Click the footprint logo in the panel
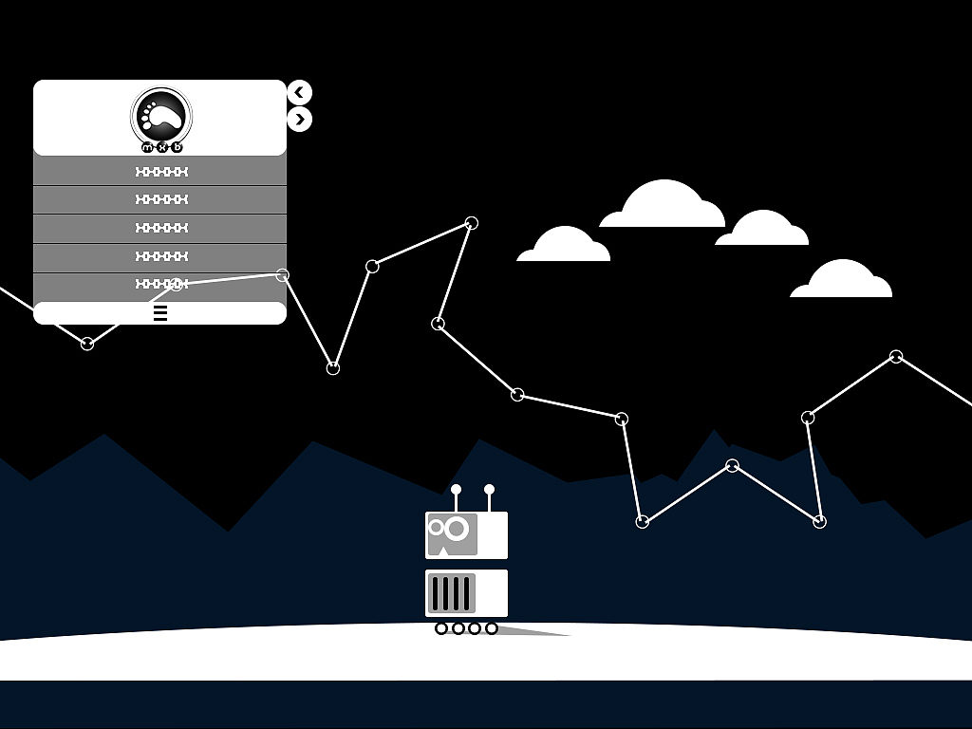point(161,115)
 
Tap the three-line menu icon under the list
point(160,313)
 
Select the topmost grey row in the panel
point(160,172)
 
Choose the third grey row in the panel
point(160,228)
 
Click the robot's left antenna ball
point(456,490)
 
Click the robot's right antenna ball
point(490,490)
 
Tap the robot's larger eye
point(457,528)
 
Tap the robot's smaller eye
point(437,527)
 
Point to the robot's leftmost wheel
point(441,628)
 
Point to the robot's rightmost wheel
point(492,628)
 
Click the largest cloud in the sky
point(664,206)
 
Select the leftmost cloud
point(564,246)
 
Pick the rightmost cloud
point(842,280)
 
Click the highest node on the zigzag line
point(471,223)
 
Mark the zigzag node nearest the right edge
point(896,357)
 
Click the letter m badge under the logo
point(147,147)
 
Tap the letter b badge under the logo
point(177,147)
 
